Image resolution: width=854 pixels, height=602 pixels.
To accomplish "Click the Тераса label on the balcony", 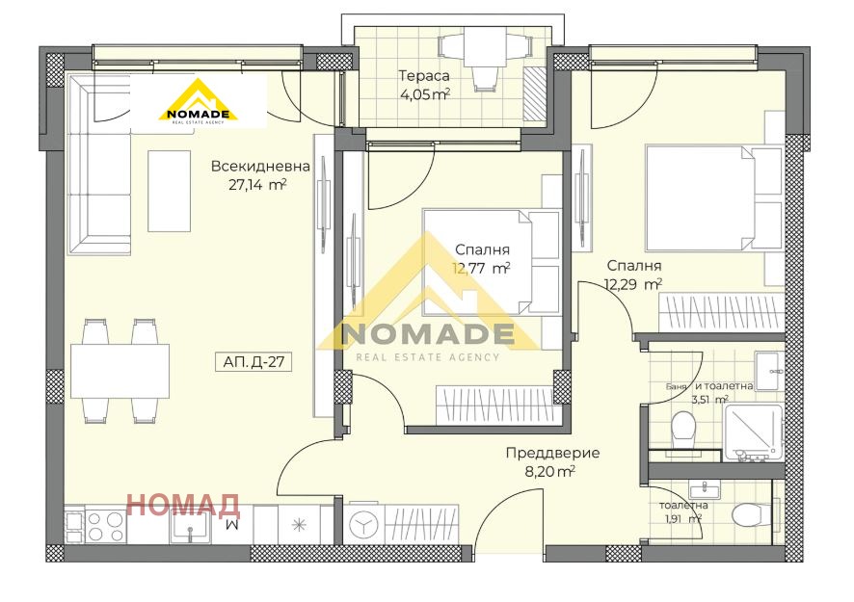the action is (x=424, y=76).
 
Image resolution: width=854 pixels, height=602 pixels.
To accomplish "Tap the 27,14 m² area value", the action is (x=257, y=185).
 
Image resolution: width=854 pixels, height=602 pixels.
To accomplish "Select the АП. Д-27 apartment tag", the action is (x=254, y=361).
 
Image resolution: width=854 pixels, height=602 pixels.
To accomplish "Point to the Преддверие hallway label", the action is (x=553, y=453).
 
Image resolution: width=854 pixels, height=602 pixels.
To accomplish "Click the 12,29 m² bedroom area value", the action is (x=633, y=284).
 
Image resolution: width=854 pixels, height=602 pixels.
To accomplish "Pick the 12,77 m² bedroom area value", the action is (x=481, y=269).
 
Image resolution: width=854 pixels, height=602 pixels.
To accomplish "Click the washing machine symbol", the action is (x=363, y=525).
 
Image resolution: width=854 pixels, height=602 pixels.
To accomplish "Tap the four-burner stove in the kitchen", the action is (x=106, y=526).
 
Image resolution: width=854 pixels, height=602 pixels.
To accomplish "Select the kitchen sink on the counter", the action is (x=190, y=528).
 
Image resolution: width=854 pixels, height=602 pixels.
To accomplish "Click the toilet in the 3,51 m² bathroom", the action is (x=683, y=431).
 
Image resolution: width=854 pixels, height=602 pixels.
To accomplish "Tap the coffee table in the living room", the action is (x=170, y=191).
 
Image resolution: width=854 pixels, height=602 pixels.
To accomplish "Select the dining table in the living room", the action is (x=120, y=371).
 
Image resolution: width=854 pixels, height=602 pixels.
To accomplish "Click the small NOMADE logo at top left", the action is (x=199, y=102).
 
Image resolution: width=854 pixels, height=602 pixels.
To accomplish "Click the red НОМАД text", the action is (x=183, y=505).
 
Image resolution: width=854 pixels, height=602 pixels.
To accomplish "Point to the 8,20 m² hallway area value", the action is (x=550, y=471).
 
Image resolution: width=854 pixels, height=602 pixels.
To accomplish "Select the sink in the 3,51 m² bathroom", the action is (x=769, y=371).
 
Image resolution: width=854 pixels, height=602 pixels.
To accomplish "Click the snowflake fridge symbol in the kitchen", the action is (x=299, y=525).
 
